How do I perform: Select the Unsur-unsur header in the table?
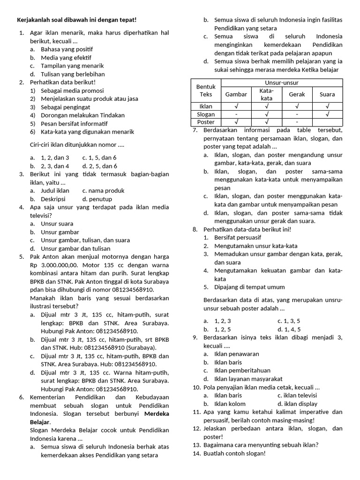(x=282, y=82)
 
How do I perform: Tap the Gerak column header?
(x=297, y=94)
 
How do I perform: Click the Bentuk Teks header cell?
(x=205, y=90)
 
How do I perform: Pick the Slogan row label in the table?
(x=206, y=114)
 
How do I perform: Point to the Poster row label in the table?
(x=206, y=122)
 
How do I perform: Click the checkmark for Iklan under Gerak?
(x=297, y=106)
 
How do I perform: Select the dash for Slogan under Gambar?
(x=236, y=114)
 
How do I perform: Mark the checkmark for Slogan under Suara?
(x=327, y=114)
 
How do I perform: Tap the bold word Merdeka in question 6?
(x=157, y=414)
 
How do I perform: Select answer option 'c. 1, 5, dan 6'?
(x=99, y=157)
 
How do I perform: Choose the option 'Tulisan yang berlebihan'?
(x=73, y=74)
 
